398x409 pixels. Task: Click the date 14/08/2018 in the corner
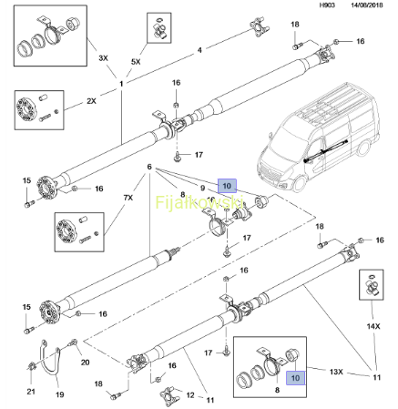[367, 5]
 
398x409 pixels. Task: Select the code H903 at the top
[327, 5]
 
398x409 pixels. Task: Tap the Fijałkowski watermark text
[199, 202]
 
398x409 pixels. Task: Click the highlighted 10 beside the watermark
[227, 186]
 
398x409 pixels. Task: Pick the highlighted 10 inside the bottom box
[295, 378]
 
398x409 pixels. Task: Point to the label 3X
[104, 58]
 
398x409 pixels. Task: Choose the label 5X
[136, 62]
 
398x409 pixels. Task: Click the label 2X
[91, 101]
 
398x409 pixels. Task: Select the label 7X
[128, 198]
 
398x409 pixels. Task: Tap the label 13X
[336, 372]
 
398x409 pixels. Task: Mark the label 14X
[373, 326]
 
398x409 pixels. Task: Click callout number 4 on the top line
[199, 50]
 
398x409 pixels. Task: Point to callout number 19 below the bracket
[60, 394]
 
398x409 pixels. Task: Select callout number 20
[85, 363]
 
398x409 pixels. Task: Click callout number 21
[31, 392]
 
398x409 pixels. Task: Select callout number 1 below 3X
[121, 84]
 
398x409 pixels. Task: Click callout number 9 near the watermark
[203, 189]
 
